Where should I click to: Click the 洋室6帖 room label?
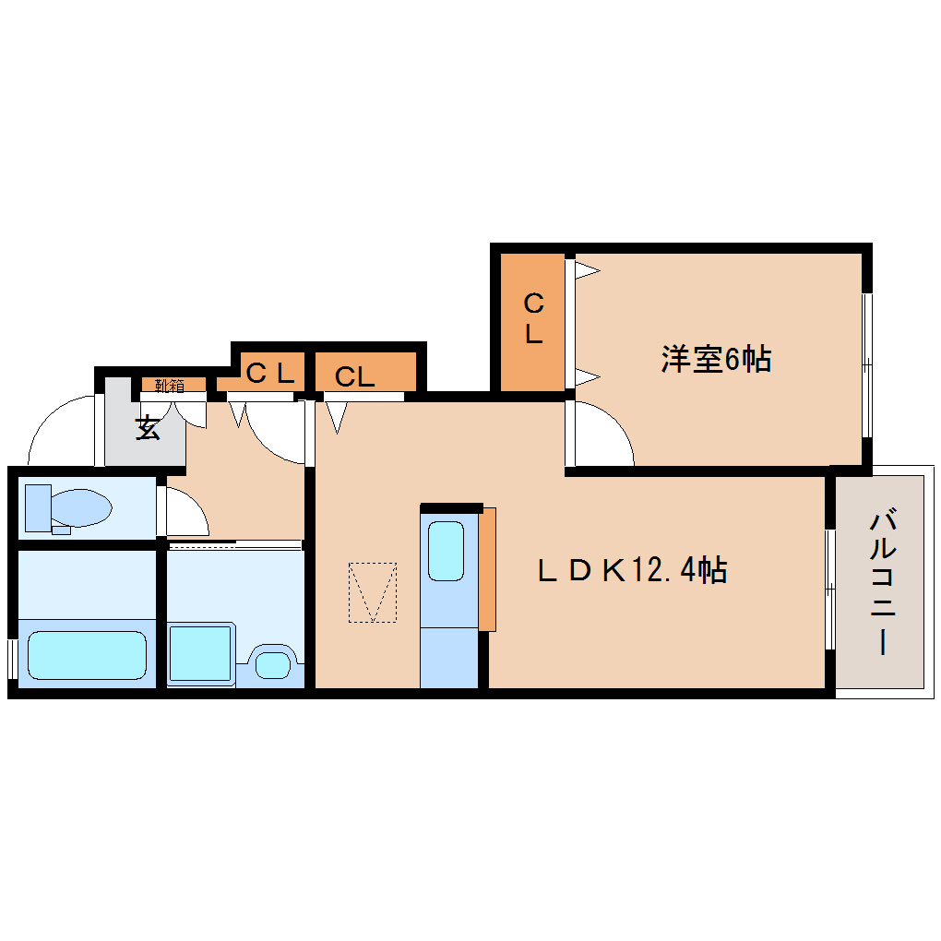coord(716,358)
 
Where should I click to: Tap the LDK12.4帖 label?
coord(633,570)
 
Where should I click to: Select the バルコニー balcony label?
coord(881,581)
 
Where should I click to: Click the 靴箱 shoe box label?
coord(168,384)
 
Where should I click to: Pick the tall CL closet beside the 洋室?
coord(533,319)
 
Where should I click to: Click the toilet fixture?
coord(69,508)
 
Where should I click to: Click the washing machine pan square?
coord(200,653)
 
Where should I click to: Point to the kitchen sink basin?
coord(447,551)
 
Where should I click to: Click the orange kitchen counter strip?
coord(487,569)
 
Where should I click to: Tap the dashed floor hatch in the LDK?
coord(373,592)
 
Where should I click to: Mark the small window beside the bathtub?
coord(12,658)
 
